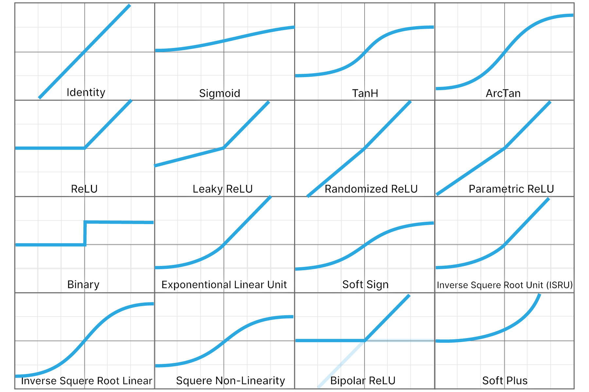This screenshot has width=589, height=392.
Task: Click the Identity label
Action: tap(86, 92)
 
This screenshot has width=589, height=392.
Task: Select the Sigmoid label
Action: tap(220, 93)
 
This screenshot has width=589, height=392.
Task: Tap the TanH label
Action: tap(365, 93)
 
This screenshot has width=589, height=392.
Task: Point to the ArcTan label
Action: tap(503, 93)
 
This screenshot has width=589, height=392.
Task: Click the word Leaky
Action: tap(207, 189)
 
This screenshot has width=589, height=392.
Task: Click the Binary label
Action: tap(83, 285)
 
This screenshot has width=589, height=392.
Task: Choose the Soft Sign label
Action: tap(366, 285)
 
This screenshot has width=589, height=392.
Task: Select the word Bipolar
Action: tap(348, 381)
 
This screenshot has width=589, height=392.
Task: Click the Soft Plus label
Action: tap(505, 381)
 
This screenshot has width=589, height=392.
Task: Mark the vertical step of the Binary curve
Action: tap(85, 234)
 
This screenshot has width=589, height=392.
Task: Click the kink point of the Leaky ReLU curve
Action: tap(223, 148)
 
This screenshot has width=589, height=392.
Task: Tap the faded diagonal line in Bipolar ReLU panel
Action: tap(341, 364)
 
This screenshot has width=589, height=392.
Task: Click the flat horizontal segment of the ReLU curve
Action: tap(50, 148)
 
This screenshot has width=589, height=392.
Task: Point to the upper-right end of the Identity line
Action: tap(130, 5)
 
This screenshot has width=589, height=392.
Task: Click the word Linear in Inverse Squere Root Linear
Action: tap(137, 381)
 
